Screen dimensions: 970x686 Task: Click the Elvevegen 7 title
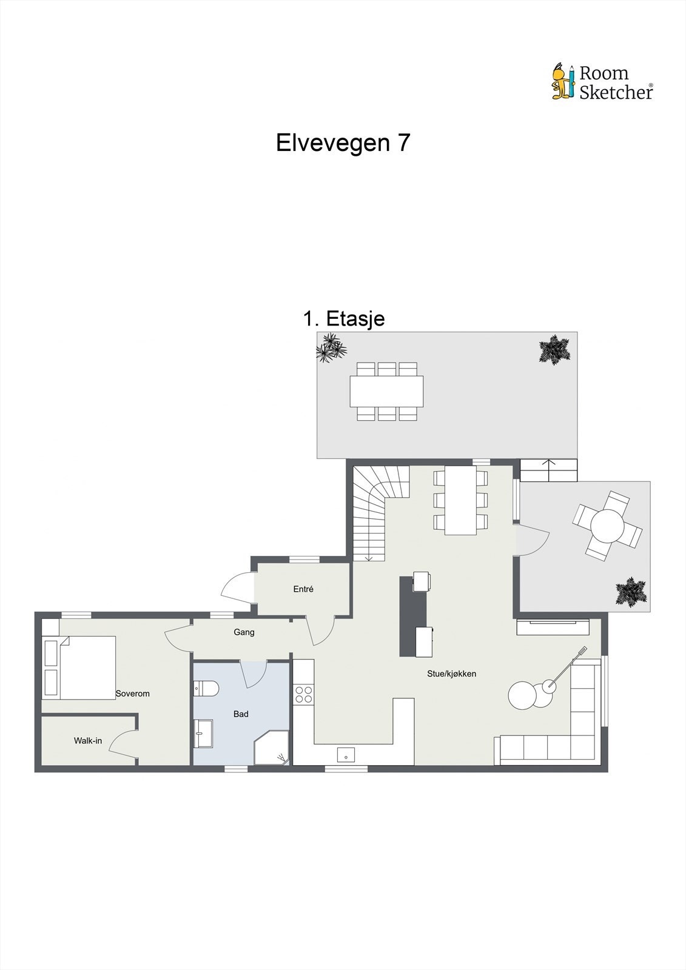343,143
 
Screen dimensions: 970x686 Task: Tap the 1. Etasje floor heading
344,318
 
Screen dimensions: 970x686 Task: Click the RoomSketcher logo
602,82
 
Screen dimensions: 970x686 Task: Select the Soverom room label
132,694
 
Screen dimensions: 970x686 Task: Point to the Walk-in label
88,740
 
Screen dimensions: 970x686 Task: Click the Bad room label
241,714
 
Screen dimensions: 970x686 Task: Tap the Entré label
303,589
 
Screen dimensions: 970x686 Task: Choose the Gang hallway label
244,632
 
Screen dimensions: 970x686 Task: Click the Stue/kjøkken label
452,674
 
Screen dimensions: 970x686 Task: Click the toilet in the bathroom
205,688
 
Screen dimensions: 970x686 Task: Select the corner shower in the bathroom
272,748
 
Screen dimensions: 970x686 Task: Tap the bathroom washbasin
203,734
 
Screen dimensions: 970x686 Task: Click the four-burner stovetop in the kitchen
303,694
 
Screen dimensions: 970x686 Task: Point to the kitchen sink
346,755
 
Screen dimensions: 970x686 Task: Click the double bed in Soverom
79,667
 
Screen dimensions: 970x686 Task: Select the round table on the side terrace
607,525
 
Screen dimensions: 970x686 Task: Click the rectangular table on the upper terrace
386,391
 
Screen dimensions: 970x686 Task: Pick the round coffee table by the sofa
522,695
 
